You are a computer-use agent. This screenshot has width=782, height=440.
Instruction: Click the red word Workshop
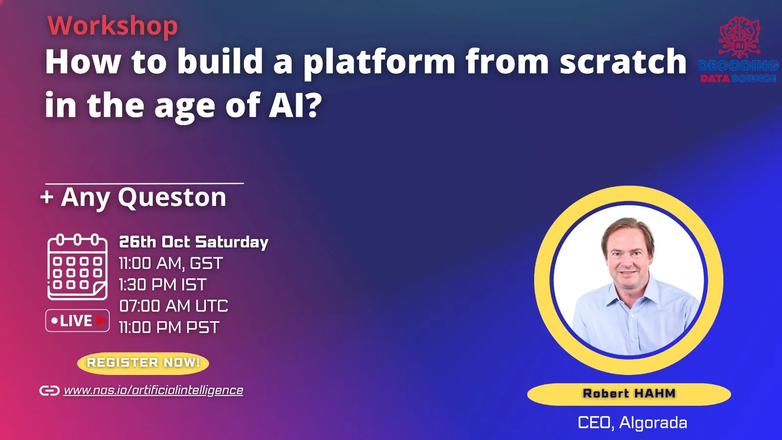point(112,26)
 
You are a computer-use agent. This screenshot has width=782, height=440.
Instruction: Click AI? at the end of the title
point(295,106)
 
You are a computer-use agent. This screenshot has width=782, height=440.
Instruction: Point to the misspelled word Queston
point(172,198)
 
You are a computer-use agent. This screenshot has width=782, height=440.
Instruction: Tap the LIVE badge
point(77,321)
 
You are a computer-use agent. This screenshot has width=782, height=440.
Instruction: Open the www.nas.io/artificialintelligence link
point(153,390)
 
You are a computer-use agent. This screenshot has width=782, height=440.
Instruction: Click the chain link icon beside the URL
point(49,391)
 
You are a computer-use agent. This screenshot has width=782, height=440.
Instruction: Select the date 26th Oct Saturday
point(194,242)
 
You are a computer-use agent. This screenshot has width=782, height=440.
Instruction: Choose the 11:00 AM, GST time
point(171,264)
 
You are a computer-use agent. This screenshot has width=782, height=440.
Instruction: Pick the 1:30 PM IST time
point(163,285)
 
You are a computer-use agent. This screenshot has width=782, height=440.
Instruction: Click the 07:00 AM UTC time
point(174,306)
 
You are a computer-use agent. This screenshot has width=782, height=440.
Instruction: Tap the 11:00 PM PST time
point(169,327)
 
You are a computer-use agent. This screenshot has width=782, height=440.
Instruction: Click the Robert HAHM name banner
point(629,394)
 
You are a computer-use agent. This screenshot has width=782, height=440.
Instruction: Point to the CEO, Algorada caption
point(632,422)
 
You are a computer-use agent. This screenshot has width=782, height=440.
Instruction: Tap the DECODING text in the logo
point(738,66)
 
